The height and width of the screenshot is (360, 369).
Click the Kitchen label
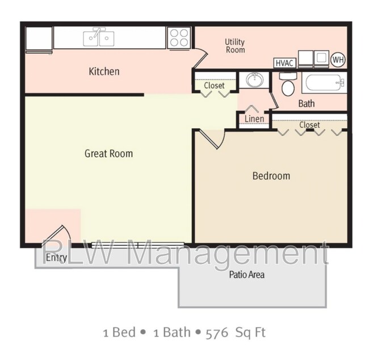pos(104,72)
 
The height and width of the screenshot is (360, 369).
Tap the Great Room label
pos(109,153)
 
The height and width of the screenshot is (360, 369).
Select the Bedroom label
pos(271,176)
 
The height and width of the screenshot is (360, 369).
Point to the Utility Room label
pos(235,46)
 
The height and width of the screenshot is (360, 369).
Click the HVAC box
pos(284,63)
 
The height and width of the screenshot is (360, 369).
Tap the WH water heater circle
pos(338,60)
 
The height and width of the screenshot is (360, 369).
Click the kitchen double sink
pos(99,37)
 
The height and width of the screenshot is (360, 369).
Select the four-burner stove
pos(179,38)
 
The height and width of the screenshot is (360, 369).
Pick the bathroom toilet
pos(288,84)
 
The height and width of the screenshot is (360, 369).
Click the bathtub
pos(324,83)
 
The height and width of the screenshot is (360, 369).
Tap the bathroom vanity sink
pos(254,80)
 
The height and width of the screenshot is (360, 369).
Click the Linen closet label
pos(254,119)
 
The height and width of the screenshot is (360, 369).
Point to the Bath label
pos(307,103)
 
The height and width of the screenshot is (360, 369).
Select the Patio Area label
pos(246,275)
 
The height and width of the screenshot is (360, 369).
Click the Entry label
pos(56,258)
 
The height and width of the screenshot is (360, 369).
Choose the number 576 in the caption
pos(217,333)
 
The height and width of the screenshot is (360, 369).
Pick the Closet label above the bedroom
pos(309,125)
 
